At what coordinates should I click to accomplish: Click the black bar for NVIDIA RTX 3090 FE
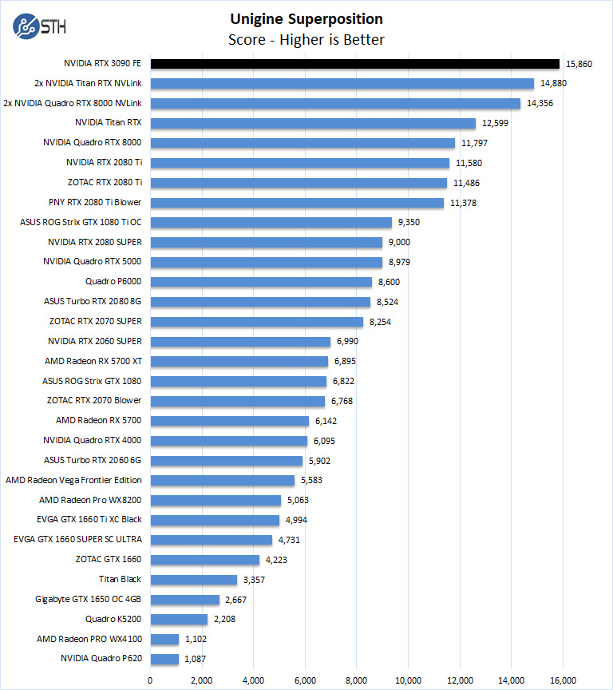coord(354,64)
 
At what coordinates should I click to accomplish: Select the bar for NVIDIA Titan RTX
coord(312,123)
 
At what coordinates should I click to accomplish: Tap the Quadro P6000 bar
coord(261,282)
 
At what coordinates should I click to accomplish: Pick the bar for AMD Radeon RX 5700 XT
coord(239,361)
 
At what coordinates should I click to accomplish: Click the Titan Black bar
coord(193,580)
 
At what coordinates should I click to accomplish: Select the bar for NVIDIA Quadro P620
coord(164,659)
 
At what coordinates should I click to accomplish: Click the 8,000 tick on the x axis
coord(357,680)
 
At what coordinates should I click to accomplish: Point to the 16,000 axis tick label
coord(563,680)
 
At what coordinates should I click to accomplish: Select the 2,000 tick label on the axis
coord(202,680)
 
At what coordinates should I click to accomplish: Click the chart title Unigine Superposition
coord(306,19)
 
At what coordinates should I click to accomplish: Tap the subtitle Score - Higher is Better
coord(306,39)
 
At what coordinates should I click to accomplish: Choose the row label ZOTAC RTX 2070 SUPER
coord(95,322)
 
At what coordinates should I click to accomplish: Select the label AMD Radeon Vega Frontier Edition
coord(73,480)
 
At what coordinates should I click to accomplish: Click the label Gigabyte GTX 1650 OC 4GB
coord(89,599)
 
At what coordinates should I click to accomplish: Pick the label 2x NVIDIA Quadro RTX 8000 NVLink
coord(73,103)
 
